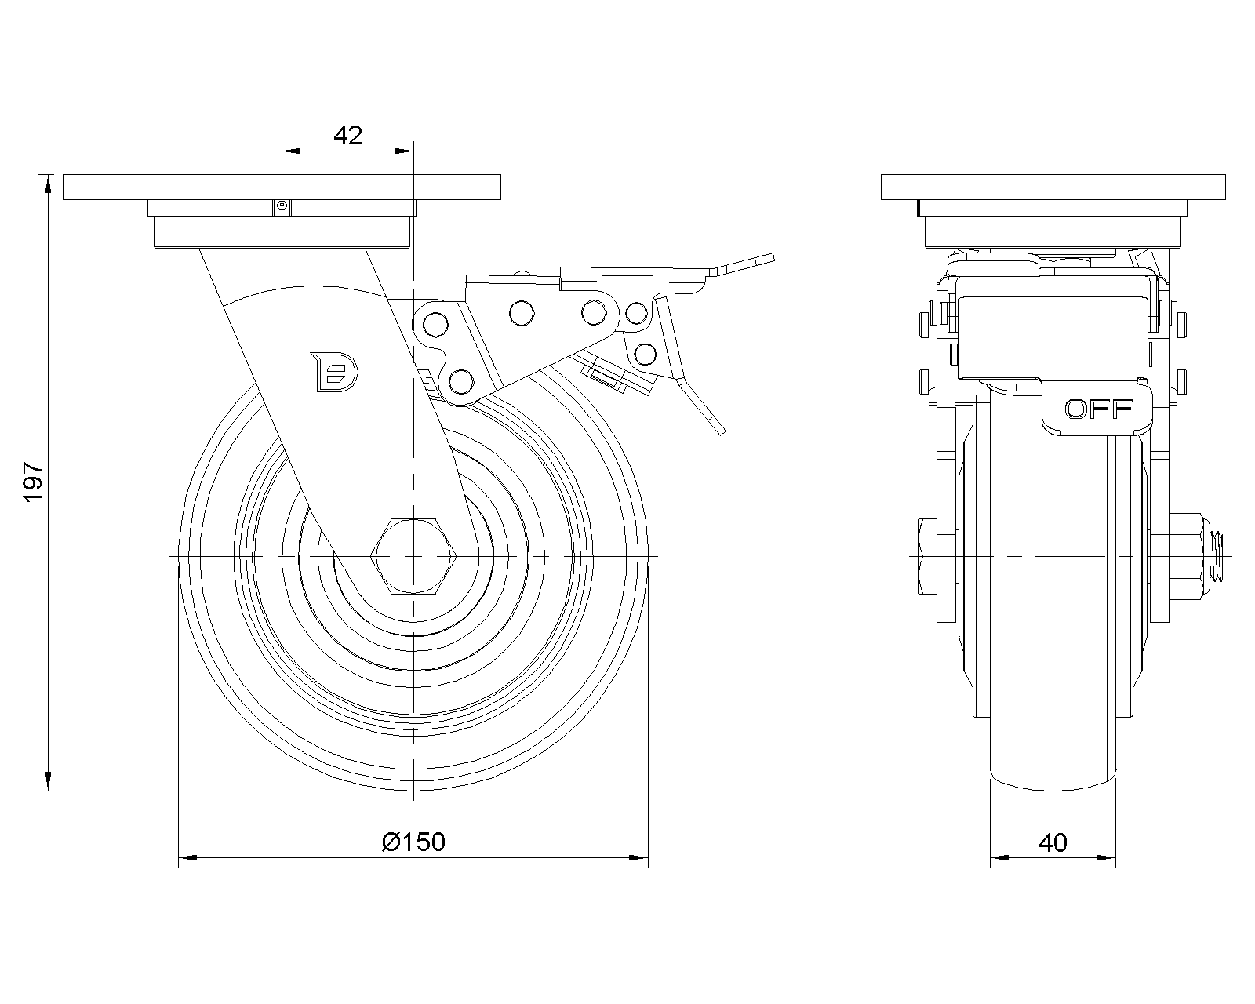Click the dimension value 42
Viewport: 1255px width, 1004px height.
click(x=347, y=136)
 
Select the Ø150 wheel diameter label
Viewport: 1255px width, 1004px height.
click(x=413, y=842)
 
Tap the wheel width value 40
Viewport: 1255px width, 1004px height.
click(x=1053, y=842)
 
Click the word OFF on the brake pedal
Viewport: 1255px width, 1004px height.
click(x=1098, y=409)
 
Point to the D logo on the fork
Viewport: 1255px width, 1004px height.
click(x=334, y=370)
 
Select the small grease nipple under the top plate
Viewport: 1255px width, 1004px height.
click(x=282, y=207)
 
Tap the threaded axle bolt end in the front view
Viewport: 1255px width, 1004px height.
click(x=1218, y=555)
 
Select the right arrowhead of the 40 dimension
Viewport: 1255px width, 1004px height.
click(x=1109, y=859)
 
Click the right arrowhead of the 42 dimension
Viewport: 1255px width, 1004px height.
click(x=406, y=150)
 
